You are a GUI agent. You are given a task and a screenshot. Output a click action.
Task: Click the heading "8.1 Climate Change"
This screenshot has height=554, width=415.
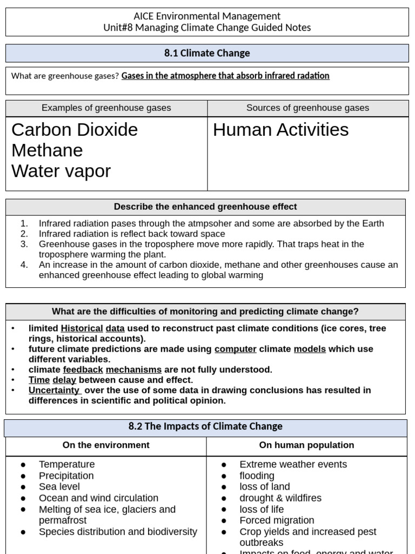[x=207, y=53]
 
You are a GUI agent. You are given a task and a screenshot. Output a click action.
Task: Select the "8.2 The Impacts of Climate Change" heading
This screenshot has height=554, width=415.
[x=205, y=426]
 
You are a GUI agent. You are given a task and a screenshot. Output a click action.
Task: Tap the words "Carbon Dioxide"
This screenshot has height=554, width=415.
[x=75, y=130]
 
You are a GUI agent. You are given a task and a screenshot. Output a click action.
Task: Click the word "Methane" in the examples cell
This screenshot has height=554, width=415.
[x=47, y=150]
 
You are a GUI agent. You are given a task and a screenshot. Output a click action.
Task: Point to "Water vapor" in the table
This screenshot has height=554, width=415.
[x=61, y=171]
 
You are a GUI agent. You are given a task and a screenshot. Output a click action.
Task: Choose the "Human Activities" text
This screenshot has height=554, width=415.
[x=280, y=130]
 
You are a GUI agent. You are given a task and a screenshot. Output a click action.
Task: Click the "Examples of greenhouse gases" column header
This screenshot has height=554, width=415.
[x=106, y=108]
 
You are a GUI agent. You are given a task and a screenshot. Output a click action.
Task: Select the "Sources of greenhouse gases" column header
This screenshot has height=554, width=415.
[x=307, y=108]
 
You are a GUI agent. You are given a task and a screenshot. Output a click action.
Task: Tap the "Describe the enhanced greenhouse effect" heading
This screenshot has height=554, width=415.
[x=205, y=207]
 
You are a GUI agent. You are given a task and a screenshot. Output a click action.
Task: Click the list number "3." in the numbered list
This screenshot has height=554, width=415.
[x=24, y=244]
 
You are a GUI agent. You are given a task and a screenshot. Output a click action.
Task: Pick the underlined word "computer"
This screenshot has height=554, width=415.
[x=235, y=349]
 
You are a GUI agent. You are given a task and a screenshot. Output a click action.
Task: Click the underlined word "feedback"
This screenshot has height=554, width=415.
[x=83, y=370]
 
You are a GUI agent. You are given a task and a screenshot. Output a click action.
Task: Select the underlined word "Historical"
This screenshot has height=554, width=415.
[x=82, y=328]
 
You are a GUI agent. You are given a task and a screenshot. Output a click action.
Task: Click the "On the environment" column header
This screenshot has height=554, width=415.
[x=106, y=445]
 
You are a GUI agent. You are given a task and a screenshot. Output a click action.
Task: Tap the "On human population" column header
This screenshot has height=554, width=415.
[x=306, y=445]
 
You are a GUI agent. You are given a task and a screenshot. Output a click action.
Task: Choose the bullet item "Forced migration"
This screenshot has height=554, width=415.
[x=277, y=520]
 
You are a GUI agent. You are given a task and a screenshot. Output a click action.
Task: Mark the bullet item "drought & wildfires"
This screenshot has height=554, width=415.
[x=280, y=498]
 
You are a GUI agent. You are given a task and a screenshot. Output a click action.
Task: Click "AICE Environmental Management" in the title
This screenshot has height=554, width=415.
[x=207, y=16]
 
